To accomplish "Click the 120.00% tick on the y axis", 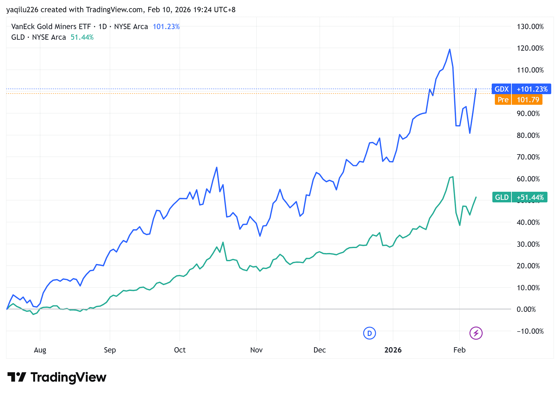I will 530,48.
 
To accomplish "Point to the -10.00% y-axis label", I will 530,331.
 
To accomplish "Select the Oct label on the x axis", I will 180,350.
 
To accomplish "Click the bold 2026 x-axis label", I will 393,350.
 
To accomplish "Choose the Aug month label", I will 40,350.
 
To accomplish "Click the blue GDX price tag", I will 501,89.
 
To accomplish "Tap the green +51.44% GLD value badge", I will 530,197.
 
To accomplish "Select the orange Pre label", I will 503,100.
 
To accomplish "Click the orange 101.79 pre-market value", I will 528,100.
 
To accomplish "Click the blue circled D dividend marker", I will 369,333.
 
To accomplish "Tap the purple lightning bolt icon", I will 476,333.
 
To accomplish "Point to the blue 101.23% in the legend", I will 166,27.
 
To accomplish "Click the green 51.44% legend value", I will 82,37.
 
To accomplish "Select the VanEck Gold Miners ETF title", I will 51,27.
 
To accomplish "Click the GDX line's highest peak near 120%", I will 450,49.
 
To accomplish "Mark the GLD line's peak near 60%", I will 453,177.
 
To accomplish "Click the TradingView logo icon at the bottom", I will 17,377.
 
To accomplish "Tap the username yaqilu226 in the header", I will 22,10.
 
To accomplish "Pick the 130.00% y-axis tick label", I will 530,27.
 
